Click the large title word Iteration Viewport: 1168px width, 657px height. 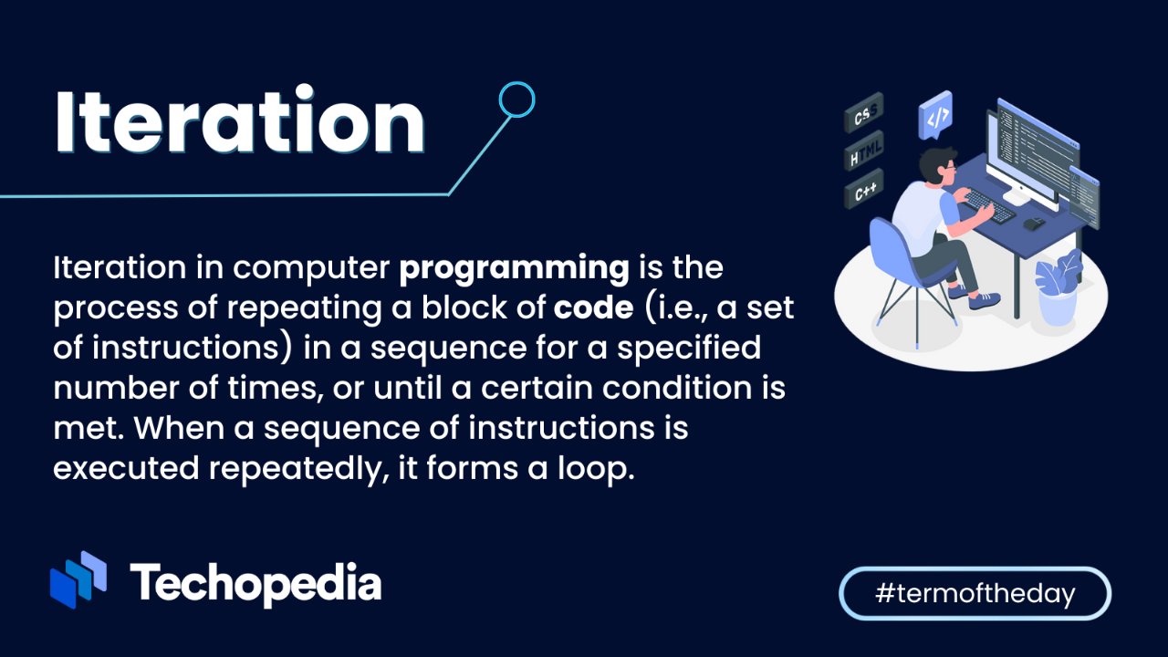240,120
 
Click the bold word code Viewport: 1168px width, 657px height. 593,308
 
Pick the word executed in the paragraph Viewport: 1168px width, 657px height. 126,468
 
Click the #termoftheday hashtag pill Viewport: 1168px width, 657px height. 975,593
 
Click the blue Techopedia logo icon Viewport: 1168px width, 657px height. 78,579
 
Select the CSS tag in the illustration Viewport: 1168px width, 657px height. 864,112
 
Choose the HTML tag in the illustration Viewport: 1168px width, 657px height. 864,151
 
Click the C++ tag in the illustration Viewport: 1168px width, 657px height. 864,189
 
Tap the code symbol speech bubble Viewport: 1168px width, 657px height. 935,115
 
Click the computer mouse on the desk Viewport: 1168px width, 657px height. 1035,223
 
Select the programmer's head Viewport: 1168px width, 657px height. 938,165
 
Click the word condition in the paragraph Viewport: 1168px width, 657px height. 677,388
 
